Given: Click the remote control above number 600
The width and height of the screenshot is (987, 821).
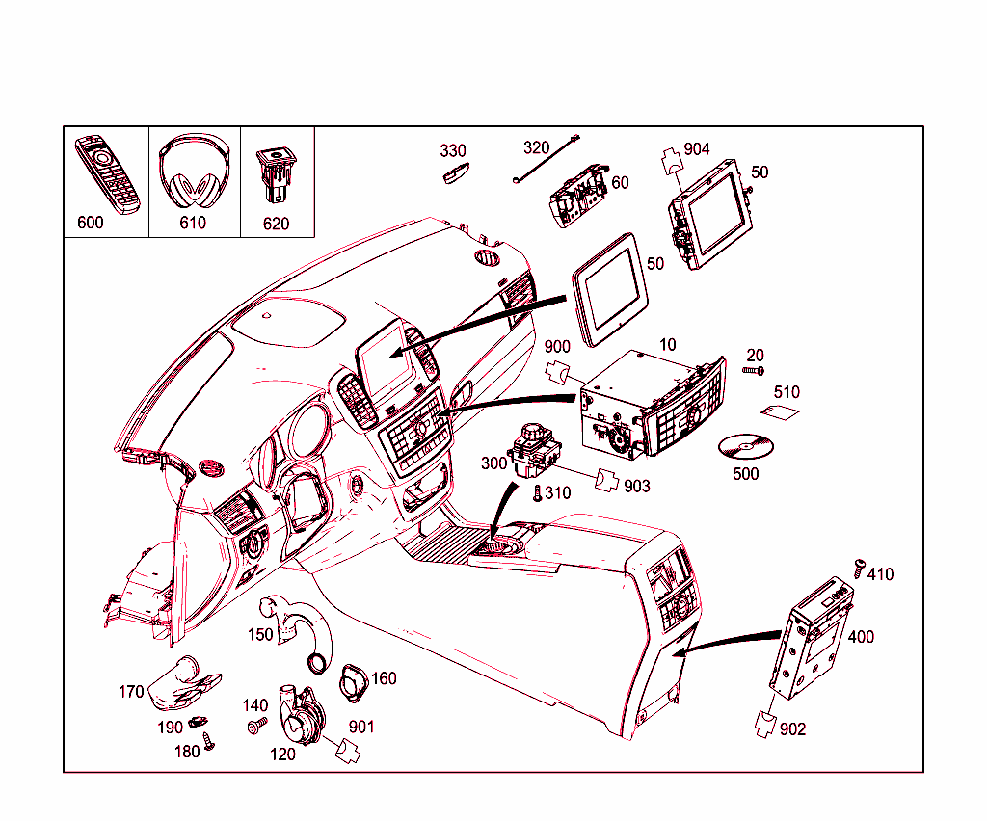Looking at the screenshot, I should (x=109, y=173).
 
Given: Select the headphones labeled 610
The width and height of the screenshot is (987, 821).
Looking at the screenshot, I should (x=194, y=173).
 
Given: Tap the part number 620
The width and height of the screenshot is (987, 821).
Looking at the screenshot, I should (x=277, y=223).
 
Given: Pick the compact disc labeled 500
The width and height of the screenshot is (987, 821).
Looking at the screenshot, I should (x=747, y=447).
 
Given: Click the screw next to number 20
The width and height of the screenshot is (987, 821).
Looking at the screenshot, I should (x=754, y=370).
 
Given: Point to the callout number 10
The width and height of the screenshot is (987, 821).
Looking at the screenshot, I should (x=668, y=344).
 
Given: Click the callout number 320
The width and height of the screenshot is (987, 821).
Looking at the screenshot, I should (x=536, y=147).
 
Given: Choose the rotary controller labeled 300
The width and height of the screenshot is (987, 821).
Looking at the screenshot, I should (x=531, y=451).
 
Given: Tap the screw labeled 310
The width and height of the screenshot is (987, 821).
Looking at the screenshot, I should (x=538, y=493).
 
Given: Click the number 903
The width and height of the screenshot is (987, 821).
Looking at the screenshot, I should (x=637, y=487).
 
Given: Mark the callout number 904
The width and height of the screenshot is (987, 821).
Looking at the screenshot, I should (x=697, y=148).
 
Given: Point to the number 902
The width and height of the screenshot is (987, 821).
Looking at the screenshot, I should (x=792, y=729).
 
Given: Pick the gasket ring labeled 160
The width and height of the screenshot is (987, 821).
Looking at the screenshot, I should (x=352, y=683).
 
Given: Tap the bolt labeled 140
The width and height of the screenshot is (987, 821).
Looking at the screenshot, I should (x=257, y=726).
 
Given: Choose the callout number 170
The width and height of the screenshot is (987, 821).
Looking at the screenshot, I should (x=132, y=691).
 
